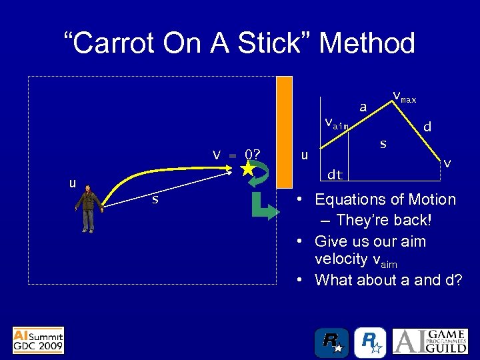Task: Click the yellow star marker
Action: pyautogui.click(x=248, y=170)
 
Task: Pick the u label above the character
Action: pyautogui.click(x=73, y=183)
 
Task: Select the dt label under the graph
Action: pyautogui.click(x=335, y=175)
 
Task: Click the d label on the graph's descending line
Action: pyautogui.click(x=427, y=126)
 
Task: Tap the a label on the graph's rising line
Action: pyautogui.click(x=363, y=107)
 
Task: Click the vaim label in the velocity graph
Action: pyautogui.click(x=335, y=123)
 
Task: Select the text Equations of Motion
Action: pyautogui.click(x=385, y=199)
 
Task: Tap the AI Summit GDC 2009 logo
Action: pyautogui.click(x=39, y=340)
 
